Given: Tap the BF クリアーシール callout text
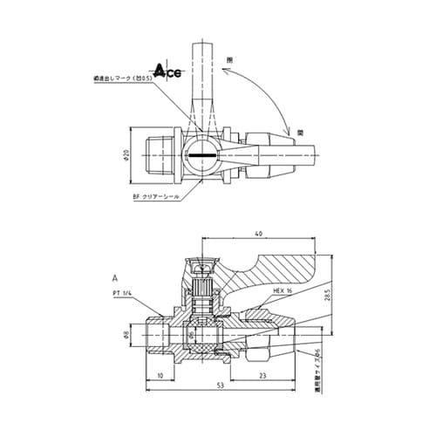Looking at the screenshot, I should click(157, 197).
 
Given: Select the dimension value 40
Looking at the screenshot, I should click(260, 234).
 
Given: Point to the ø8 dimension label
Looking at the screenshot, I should click(126, 334).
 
